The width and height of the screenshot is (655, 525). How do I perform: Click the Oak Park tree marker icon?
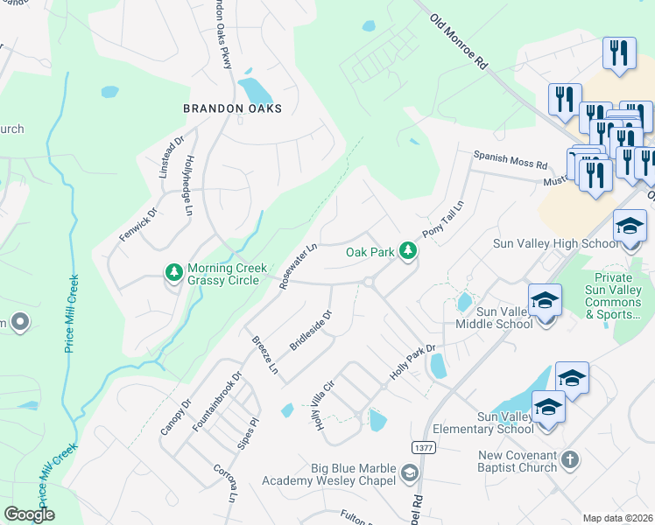(407, 251)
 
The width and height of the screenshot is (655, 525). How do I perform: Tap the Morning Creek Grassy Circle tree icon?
(174, 274)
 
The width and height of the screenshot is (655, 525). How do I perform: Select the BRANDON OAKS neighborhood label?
(232, 108)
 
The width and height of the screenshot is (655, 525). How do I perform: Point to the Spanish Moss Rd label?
(510, 164)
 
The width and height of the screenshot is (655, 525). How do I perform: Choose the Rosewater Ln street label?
(298, 266)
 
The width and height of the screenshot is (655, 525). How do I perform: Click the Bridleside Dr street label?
(311, 330)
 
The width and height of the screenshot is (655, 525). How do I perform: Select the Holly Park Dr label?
(412, 367)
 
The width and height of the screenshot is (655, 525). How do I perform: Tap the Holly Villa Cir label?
(319, 405)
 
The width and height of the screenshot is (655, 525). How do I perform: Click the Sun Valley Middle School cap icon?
(544, 299)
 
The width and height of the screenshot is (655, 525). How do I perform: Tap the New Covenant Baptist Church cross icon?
(569, 459)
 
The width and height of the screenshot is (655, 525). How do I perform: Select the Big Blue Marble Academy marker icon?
(408, 473)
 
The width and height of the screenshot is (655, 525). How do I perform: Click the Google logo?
(29, 514)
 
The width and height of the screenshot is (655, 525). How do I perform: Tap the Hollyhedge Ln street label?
(187, 185)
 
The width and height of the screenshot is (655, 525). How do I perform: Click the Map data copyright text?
(617, 518)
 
